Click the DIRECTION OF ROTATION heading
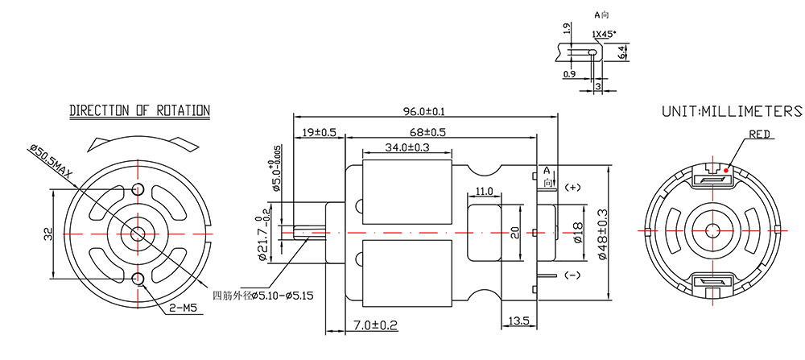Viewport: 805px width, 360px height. click(139, 110)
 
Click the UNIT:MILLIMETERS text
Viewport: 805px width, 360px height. click(731, 111)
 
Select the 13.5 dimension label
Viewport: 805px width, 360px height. click(518, 321)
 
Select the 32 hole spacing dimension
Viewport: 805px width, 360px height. click(48, 234)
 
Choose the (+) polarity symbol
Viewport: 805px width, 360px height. click(572, 188)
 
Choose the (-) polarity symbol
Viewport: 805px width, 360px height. click(572, 275)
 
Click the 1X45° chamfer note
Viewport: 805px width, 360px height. click(604, 35)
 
